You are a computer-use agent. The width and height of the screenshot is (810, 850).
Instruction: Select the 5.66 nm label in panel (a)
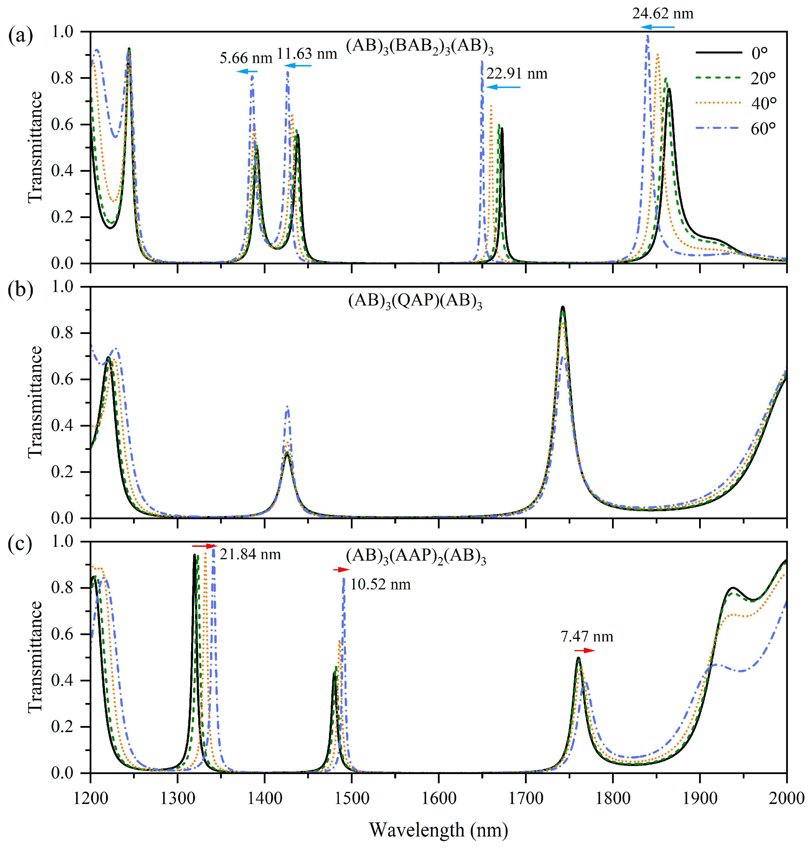[246, 58]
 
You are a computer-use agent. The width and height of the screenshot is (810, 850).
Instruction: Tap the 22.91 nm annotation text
[517, 74]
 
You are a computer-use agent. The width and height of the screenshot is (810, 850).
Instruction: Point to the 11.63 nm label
[307, 54]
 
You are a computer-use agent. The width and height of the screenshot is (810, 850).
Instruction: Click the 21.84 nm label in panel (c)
[250, 554]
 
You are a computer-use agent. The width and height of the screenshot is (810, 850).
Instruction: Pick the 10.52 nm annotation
[380, 585]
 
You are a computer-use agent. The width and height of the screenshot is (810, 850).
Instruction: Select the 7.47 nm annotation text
[587, 637]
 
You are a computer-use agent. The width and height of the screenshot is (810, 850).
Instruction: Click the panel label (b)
[20, 290]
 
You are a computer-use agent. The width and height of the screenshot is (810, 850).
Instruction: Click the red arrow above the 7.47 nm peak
[584, 650]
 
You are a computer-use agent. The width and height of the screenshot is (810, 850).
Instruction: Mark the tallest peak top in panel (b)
[563, 307]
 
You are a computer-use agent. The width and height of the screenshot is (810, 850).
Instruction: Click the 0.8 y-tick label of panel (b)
[62, 333]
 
